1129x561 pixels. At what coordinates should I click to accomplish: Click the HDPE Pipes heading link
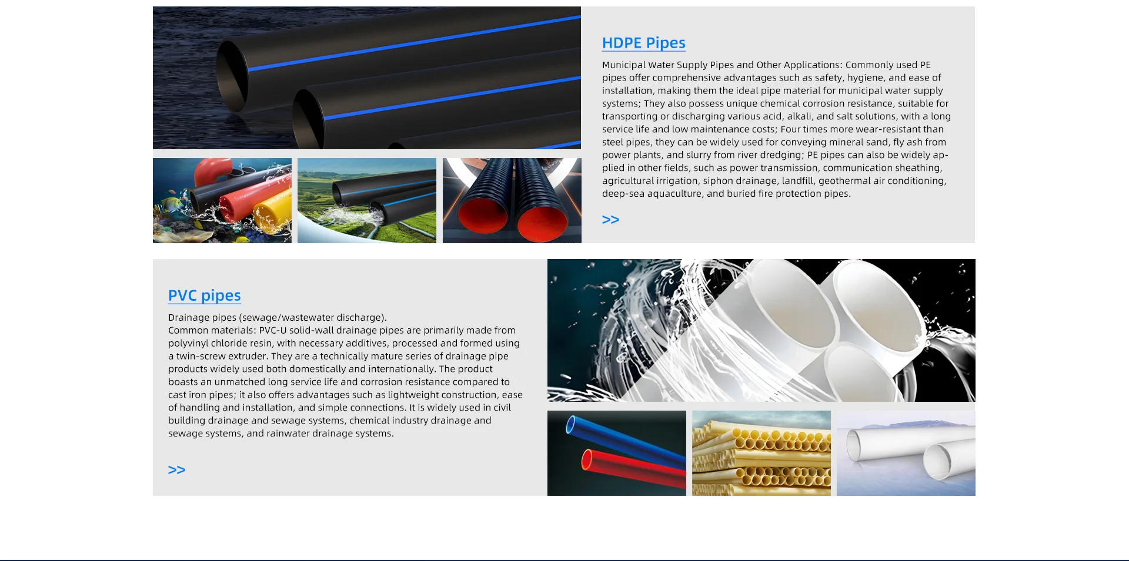click(644, 43)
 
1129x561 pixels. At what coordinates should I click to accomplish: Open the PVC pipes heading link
click(205, 295)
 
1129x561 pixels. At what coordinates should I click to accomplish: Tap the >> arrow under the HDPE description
click(610, 220)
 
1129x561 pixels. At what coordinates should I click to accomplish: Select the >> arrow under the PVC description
click(176, 470)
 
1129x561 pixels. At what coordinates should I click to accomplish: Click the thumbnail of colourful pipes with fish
click(222, 200)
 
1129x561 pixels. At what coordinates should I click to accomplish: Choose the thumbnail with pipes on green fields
click(367, 200)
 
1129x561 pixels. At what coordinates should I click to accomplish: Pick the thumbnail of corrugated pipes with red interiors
click(512, 200)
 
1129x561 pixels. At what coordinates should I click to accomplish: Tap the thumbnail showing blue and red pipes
click(617, 453)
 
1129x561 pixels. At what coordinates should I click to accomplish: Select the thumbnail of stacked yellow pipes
click(761, 453)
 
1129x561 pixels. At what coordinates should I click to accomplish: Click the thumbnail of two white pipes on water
click(906, 453)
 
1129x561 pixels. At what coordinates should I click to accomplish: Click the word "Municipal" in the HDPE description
click(623, 65)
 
